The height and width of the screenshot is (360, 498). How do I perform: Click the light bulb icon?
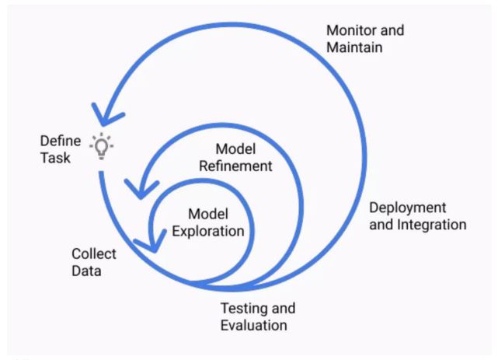(x=100, y=145)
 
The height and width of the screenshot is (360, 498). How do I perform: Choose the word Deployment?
(x=407, y=208)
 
